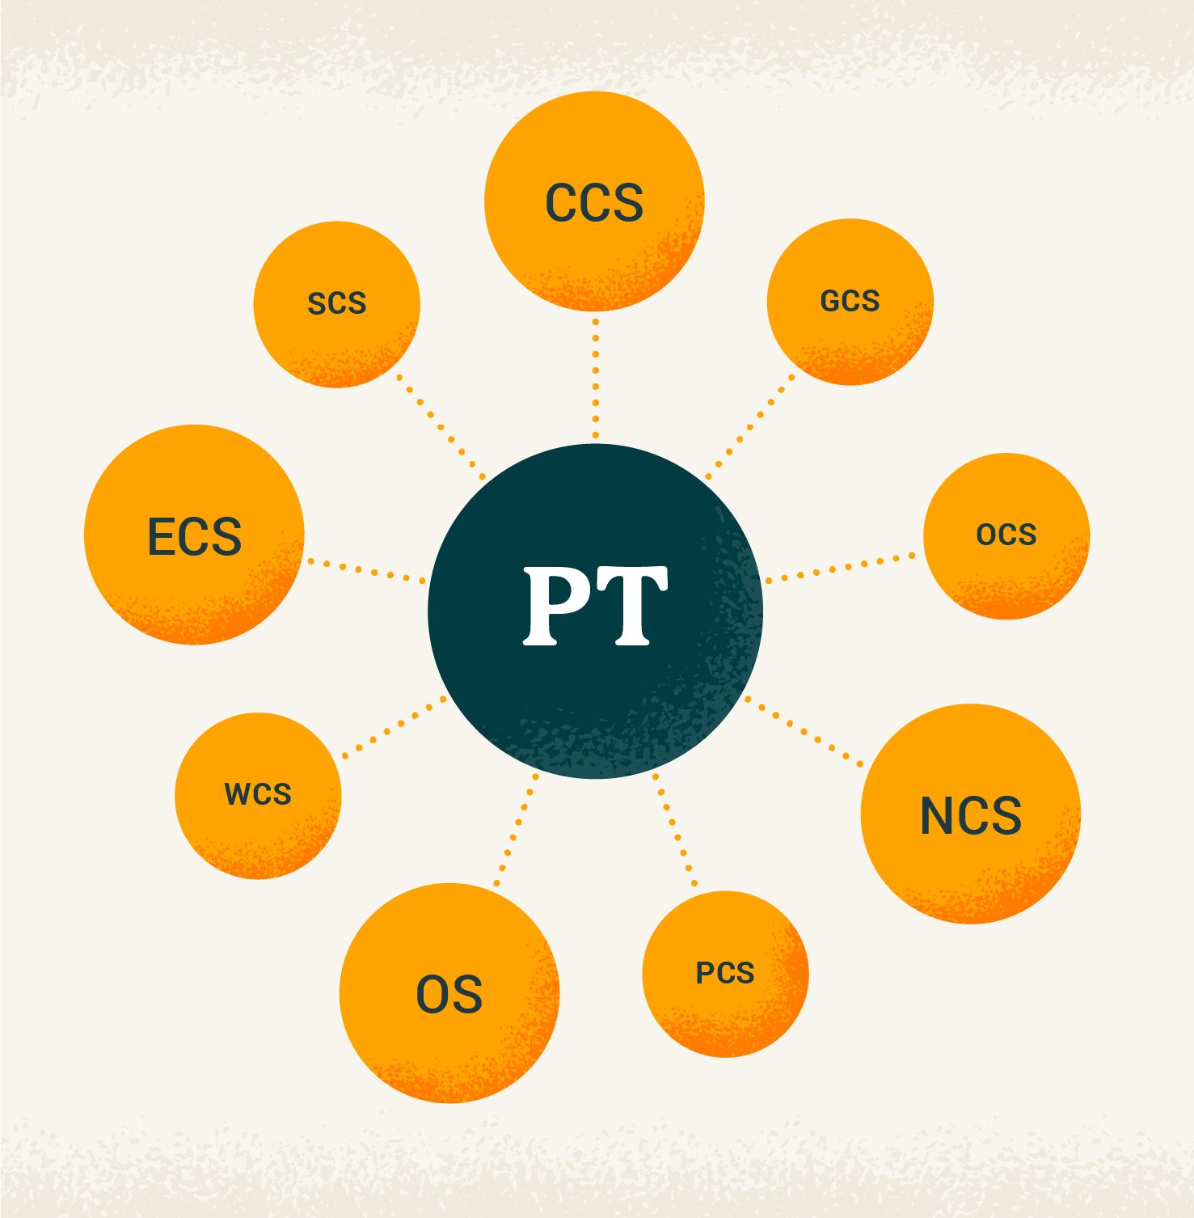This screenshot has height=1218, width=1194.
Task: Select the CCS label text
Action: [594, 202]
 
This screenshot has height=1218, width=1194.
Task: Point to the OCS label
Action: [1006, 535]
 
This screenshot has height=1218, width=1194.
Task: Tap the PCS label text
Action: [725, 973]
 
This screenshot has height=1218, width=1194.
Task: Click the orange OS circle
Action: [449, 1043]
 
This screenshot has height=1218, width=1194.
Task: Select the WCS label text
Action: [258, 794]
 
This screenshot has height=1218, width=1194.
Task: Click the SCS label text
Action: [337, 303]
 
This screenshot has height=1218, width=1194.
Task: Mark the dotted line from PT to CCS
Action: [596, 379]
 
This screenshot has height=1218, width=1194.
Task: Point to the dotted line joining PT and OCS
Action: [841, 568]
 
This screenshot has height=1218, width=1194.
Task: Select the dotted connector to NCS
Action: [804, 731]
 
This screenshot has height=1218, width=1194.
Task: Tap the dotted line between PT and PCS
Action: [676, 830]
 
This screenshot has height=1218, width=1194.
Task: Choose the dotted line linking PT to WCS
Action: [394, 726]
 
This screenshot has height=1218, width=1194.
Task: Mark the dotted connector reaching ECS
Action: [366, 570]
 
